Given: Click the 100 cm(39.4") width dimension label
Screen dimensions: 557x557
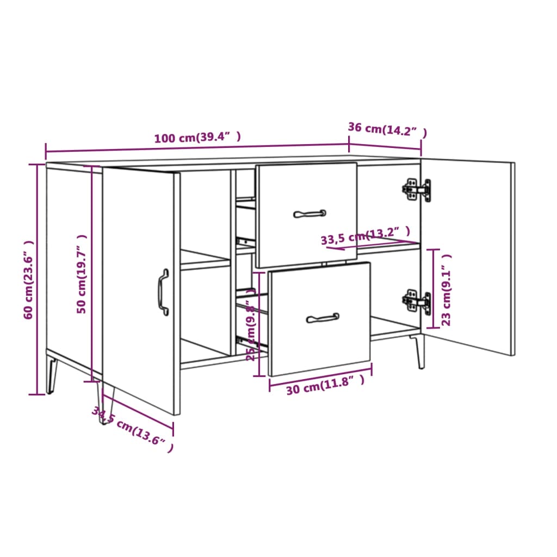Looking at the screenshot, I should coord(197,138).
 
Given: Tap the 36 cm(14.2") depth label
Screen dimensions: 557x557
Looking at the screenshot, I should coord(387,129).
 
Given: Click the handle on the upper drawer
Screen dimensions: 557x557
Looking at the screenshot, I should coord(310,214).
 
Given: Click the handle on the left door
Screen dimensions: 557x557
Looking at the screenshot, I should coord(163,292).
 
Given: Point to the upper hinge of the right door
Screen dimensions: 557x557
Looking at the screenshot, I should coord(417,189).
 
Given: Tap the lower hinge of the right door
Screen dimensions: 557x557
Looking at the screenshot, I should coord(417,301).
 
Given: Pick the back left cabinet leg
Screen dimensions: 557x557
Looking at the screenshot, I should coord(52,374).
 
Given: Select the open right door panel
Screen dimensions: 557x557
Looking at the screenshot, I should coord(468,256).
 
